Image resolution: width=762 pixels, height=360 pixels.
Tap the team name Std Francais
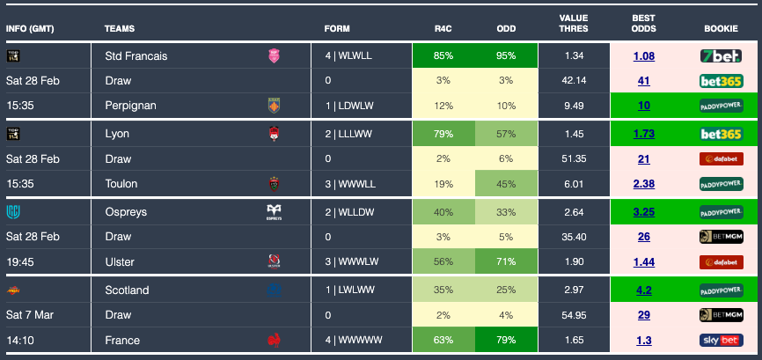coord(136,55)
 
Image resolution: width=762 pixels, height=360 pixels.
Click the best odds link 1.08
coord(643,56)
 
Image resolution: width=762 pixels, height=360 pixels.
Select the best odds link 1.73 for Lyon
coord(643,134)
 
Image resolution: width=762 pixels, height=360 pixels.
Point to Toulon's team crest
coord(274,184)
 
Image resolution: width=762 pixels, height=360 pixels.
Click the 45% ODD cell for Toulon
coord(506,184)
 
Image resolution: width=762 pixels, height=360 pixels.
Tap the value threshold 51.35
coord(574,159)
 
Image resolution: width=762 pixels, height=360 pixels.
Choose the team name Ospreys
coord(126,212)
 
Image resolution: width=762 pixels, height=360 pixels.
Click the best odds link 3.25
coord(643,212)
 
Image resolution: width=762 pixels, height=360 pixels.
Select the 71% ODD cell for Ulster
coord(506,261)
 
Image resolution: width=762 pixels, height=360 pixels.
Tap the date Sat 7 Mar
coord(30,314)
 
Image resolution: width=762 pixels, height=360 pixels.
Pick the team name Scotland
coord(127,290)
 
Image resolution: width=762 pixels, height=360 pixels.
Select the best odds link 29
coord(643,314)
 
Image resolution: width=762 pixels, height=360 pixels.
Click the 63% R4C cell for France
coord(443,339)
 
